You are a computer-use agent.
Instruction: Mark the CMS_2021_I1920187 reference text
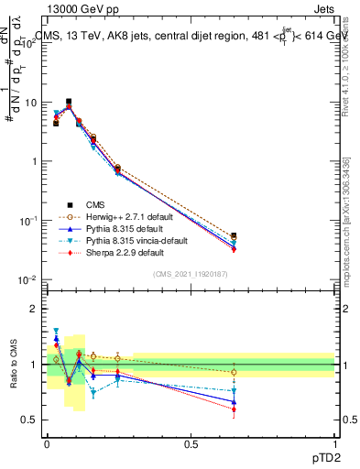[191, 275]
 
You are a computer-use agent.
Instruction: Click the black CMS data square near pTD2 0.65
[234, 235]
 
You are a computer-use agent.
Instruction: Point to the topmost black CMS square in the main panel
[69, 102]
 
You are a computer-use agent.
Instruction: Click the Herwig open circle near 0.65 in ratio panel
[234, 372]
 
